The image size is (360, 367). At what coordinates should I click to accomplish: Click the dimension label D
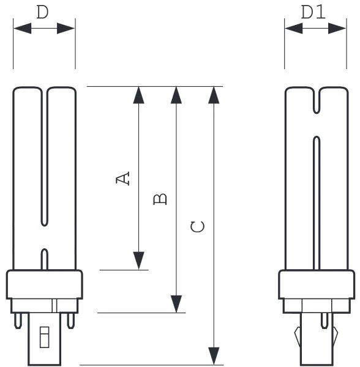[43, 12]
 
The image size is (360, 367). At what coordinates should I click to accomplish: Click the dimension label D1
[313, 12]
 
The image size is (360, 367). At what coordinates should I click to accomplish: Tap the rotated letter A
[122, 179]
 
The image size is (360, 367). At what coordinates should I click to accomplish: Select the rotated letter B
[160, 199]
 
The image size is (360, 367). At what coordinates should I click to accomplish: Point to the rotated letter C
[198, 226]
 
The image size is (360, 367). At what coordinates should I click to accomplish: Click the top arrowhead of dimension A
[138, 95]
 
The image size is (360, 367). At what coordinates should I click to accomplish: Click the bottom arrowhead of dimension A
[138, 261]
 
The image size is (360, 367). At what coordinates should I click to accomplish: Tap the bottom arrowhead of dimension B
[176, 304]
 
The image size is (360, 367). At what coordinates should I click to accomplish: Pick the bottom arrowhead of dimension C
[214, 356]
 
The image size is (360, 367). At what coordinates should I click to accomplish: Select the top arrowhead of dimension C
[214, 95]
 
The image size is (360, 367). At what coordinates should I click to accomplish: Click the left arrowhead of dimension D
[23, 28]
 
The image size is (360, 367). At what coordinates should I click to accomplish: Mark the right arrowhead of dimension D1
[337, 28]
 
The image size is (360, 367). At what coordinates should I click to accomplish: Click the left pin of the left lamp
[18, 321]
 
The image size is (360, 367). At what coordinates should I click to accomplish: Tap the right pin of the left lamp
[71, 321]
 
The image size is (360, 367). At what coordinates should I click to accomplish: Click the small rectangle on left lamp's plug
[44, 337]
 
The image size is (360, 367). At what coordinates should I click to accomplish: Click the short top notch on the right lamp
[317, 101]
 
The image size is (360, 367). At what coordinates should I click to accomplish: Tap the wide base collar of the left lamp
[45, 284]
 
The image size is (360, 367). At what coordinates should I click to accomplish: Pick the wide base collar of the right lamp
[317, 284]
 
